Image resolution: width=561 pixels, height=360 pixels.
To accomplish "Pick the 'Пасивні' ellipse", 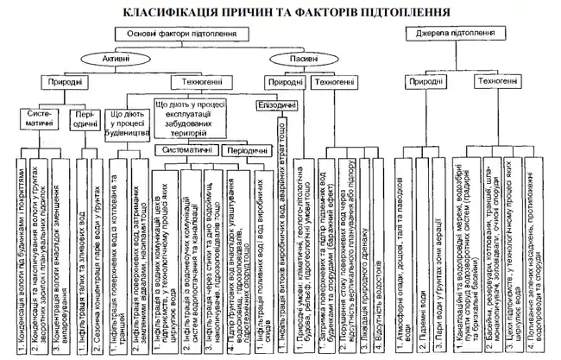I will [x=288, y=59].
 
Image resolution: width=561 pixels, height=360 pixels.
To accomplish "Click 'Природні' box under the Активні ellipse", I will [x=62, y=82].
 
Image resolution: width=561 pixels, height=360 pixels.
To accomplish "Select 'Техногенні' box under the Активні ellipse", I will [x=186, y=82].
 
